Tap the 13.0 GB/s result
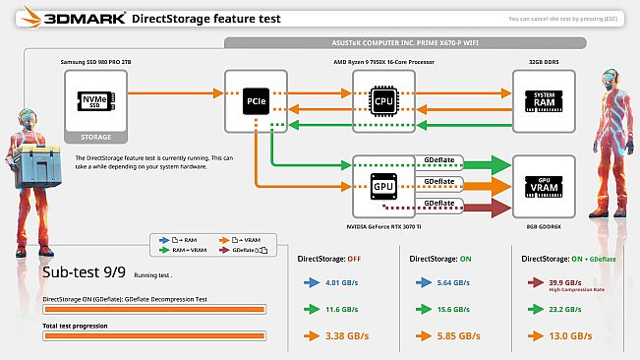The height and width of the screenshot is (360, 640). pos(570,336)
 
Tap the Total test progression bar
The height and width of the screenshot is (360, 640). pos(154,335)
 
